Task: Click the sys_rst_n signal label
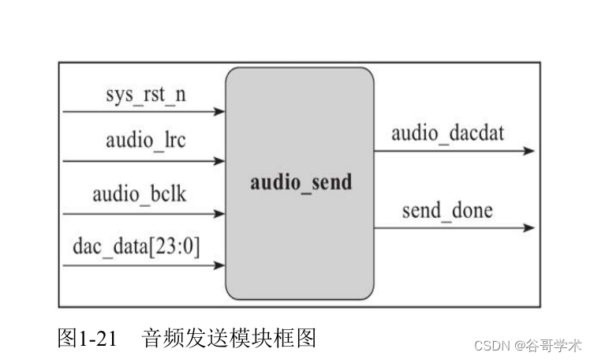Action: click(x=146, y=95)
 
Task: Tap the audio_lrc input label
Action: click(x=146, y=141)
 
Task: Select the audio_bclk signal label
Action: click(x=140, y=193)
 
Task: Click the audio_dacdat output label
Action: click(x=447, y=132)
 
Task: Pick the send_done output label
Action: click(x=446, y=210)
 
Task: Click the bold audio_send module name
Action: click(x=301, y=182)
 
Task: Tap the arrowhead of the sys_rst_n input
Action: click(x=220, y=112)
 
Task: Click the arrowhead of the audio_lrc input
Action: click(x=220, y=161)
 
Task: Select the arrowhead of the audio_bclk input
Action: click(x=220, y=213)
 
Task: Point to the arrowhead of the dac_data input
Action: click(x=220, y=266)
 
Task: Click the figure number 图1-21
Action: click(x=88, y=339)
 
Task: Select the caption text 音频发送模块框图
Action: click(x=229, y=339)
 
